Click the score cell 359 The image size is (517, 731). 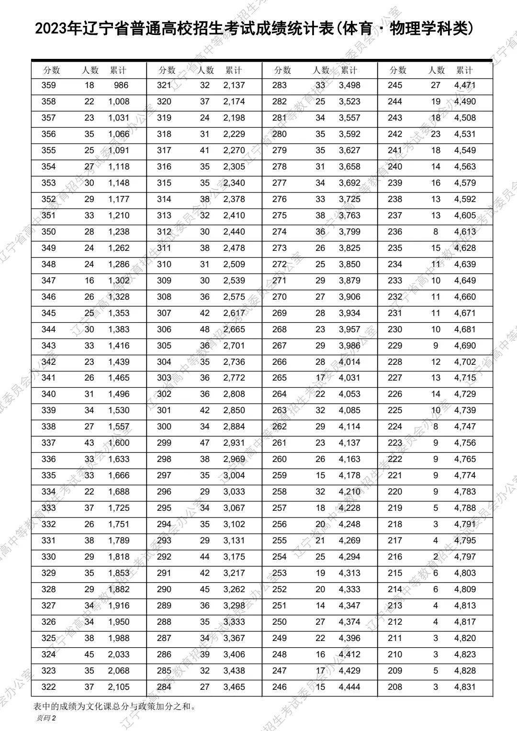point(49,86)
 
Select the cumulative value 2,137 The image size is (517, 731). point(234,86)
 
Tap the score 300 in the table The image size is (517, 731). point(164,427)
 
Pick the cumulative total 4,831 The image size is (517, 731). point(465,687)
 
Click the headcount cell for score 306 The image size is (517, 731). point(205,329)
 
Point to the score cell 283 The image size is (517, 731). point(280,86)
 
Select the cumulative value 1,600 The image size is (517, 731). point(118,443)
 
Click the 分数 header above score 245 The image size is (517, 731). point(398,70)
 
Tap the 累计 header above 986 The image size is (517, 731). point(118,70)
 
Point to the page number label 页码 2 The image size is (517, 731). point(46,718)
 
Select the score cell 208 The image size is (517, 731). point(395,687)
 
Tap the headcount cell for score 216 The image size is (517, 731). point(436,557)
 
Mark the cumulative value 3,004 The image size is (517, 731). point(234,475)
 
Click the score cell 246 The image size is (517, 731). point(280,687)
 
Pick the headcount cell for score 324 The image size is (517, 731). point(90,654)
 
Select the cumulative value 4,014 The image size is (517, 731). point(349,362)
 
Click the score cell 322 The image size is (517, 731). point(49,687)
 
